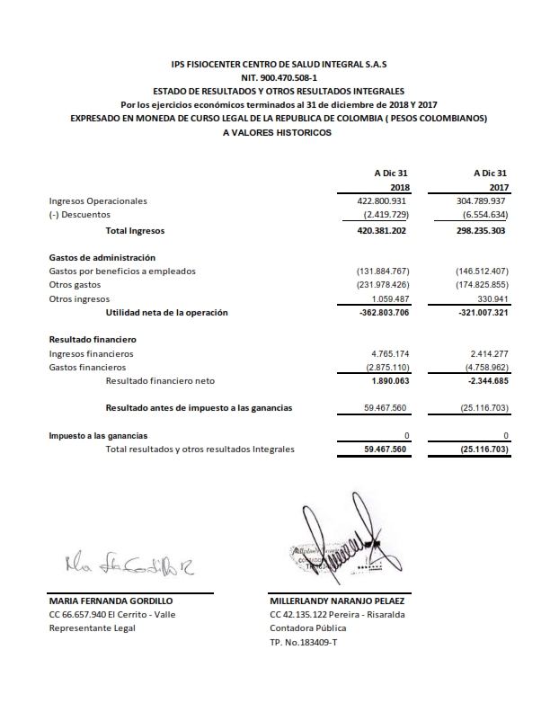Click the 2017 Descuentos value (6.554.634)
(483, 216)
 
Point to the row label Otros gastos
(75, 285)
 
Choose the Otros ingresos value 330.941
(490, 298)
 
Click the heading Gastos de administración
(95, 258)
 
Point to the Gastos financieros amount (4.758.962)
(483, 368)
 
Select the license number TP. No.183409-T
(306, 642)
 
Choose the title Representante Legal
(92, 627)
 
